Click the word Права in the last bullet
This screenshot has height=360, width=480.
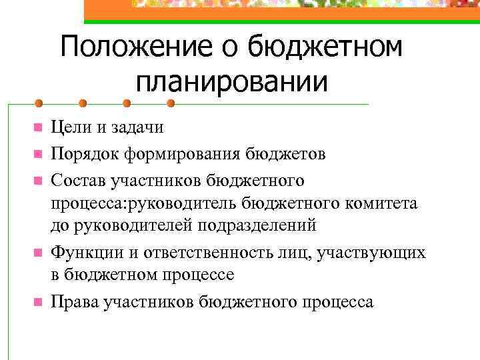(74, 302)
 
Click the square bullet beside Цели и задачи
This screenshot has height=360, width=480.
(38, 127)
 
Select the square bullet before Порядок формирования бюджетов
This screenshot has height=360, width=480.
(38, 155)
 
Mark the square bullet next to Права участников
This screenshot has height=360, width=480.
(38, 302)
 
